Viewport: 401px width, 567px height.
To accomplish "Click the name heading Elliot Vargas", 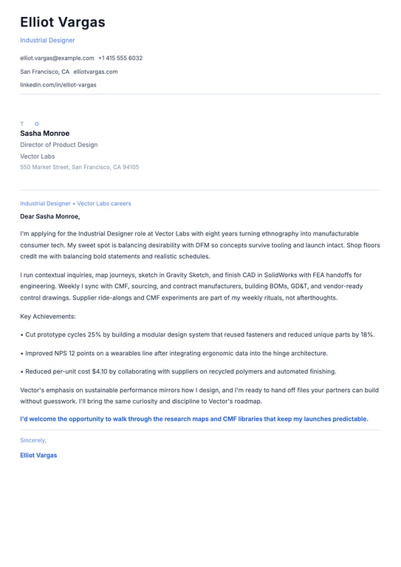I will [63, 22].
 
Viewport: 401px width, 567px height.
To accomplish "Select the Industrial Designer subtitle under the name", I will [47, 41].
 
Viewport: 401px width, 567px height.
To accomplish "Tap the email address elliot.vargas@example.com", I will [57, 58].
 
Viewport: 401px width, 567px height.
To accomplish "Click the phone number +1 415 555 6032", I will [120, 58].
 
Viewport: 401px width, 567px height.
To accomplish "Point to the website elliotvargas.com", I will [95, 72].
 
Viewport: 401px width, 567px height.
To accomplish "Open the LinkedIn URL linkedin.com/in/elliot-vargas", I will [58, 85].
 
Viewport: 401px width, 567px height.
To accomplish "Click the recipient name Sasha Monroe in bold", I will [44, 134].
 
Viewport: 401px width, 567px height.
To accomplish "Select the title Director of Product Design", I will [58, 145].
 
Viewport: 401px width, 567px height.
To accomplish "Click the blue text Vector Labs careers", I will [104, 203].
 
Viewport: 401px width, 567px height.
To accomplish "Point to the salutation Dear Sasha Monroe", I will [49, 216].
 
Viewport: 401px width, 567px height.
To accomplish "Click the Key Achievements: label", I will [48, 316].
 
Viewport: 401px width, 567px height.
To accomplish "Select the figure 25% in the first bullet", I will [95, 334].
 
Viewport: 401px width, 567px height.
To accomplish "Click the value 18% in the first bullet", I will [367, 334].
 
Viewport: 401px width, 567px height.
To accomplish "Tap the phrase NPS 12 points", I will [69, 353].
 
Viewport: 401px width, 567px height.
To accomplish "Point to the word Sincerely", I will [33, 440].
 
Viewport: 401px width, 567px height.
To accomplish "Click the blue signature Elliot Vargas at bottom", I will [38, 455].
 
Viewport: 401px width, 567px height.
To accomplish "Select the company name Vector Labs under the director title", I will [37, 157].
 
